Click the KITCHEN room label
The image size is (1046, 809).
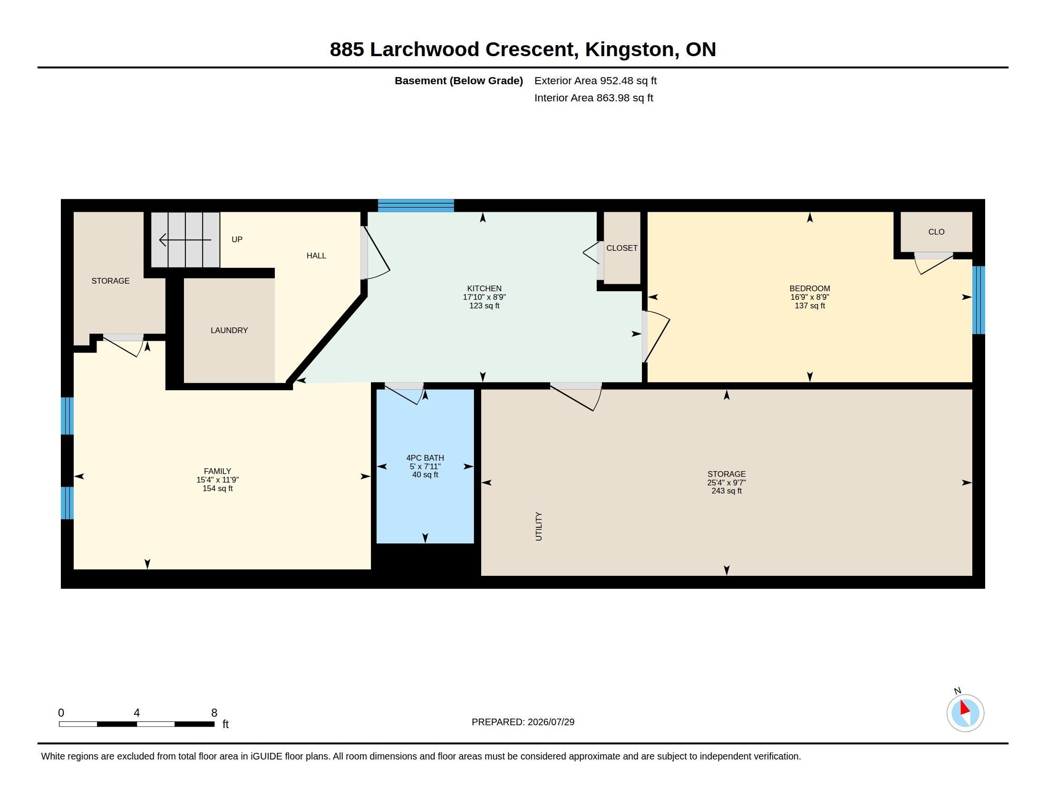tap(484, 288)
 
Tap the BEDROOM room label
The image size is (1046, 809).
tap(809, 288)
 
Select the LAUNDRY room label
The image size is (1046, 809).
tap(229, 330)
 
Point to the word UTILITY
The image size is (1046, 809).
tap(538, 526)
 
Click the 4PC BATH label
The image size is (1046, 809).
tap(425, 458)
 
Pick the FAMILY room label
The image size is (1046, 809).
tap(217, 471)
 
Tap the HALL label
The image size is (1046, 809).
tap(316, 256)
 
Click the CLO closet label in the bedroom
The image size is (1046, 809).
tap(936, 232)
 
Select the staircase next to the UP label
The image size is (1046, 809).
tap(185, 240)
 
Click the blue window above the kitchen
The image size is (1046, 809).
tap(416, 206)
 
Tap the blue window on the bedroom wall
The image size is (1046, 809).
tap(978, 300)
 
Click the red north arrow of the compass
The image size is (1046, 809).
tap(965, 708)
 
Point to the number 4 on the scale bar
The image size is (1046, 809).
tap(136, 713)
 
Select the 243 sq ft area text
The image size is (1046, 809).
tap(726, 491)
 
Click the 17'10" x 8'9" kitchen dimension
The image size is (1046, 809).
tap(484, 297)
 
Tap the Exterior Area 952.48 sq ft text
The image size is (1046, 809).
tap(595, 80)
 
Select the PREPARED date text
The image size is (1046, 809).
tap(523, 722)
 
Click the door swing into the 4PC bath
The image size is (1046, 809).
tap(405, 394)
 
